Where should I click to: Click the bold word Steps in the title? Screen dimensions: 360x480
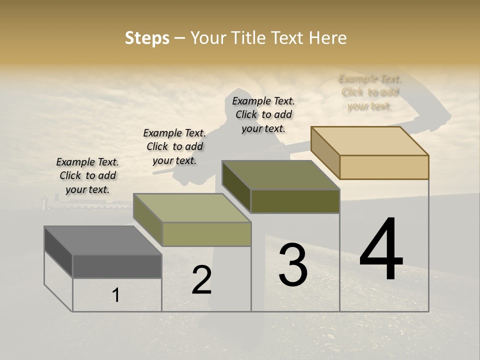(147, 38)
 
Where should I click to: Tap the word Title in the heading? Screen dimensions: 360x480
(248, 38)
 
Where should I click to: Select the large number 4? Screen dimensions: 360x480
(381, 250)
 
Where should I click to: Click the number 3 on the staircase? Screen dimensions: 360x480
(293, 265)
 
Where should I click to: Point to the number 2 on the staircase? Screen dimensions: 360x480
(201, 280)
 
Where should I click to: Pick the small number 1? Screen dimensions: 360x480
(116, 295)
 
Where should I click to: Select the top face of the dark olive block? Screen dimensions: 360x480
(280, 175)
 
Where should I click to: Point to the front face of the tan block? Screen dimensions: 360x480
(384, 167)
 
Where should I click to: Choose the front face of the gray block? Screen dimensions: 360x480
(117, 266)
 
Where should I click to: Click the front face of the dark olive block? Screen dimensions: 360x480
(295, 201)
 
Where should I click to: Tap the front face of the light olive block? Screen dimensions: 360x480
(206, 234)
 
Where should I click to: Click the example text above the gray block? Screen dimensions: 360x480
(87, 175)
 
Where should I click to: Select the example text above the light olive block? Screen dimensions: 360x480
(174, 146)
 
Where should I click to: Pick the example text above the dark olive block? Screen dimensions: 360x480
(263, 114)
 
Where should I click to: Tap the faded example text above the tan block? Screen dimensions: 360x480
(370, 92)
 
